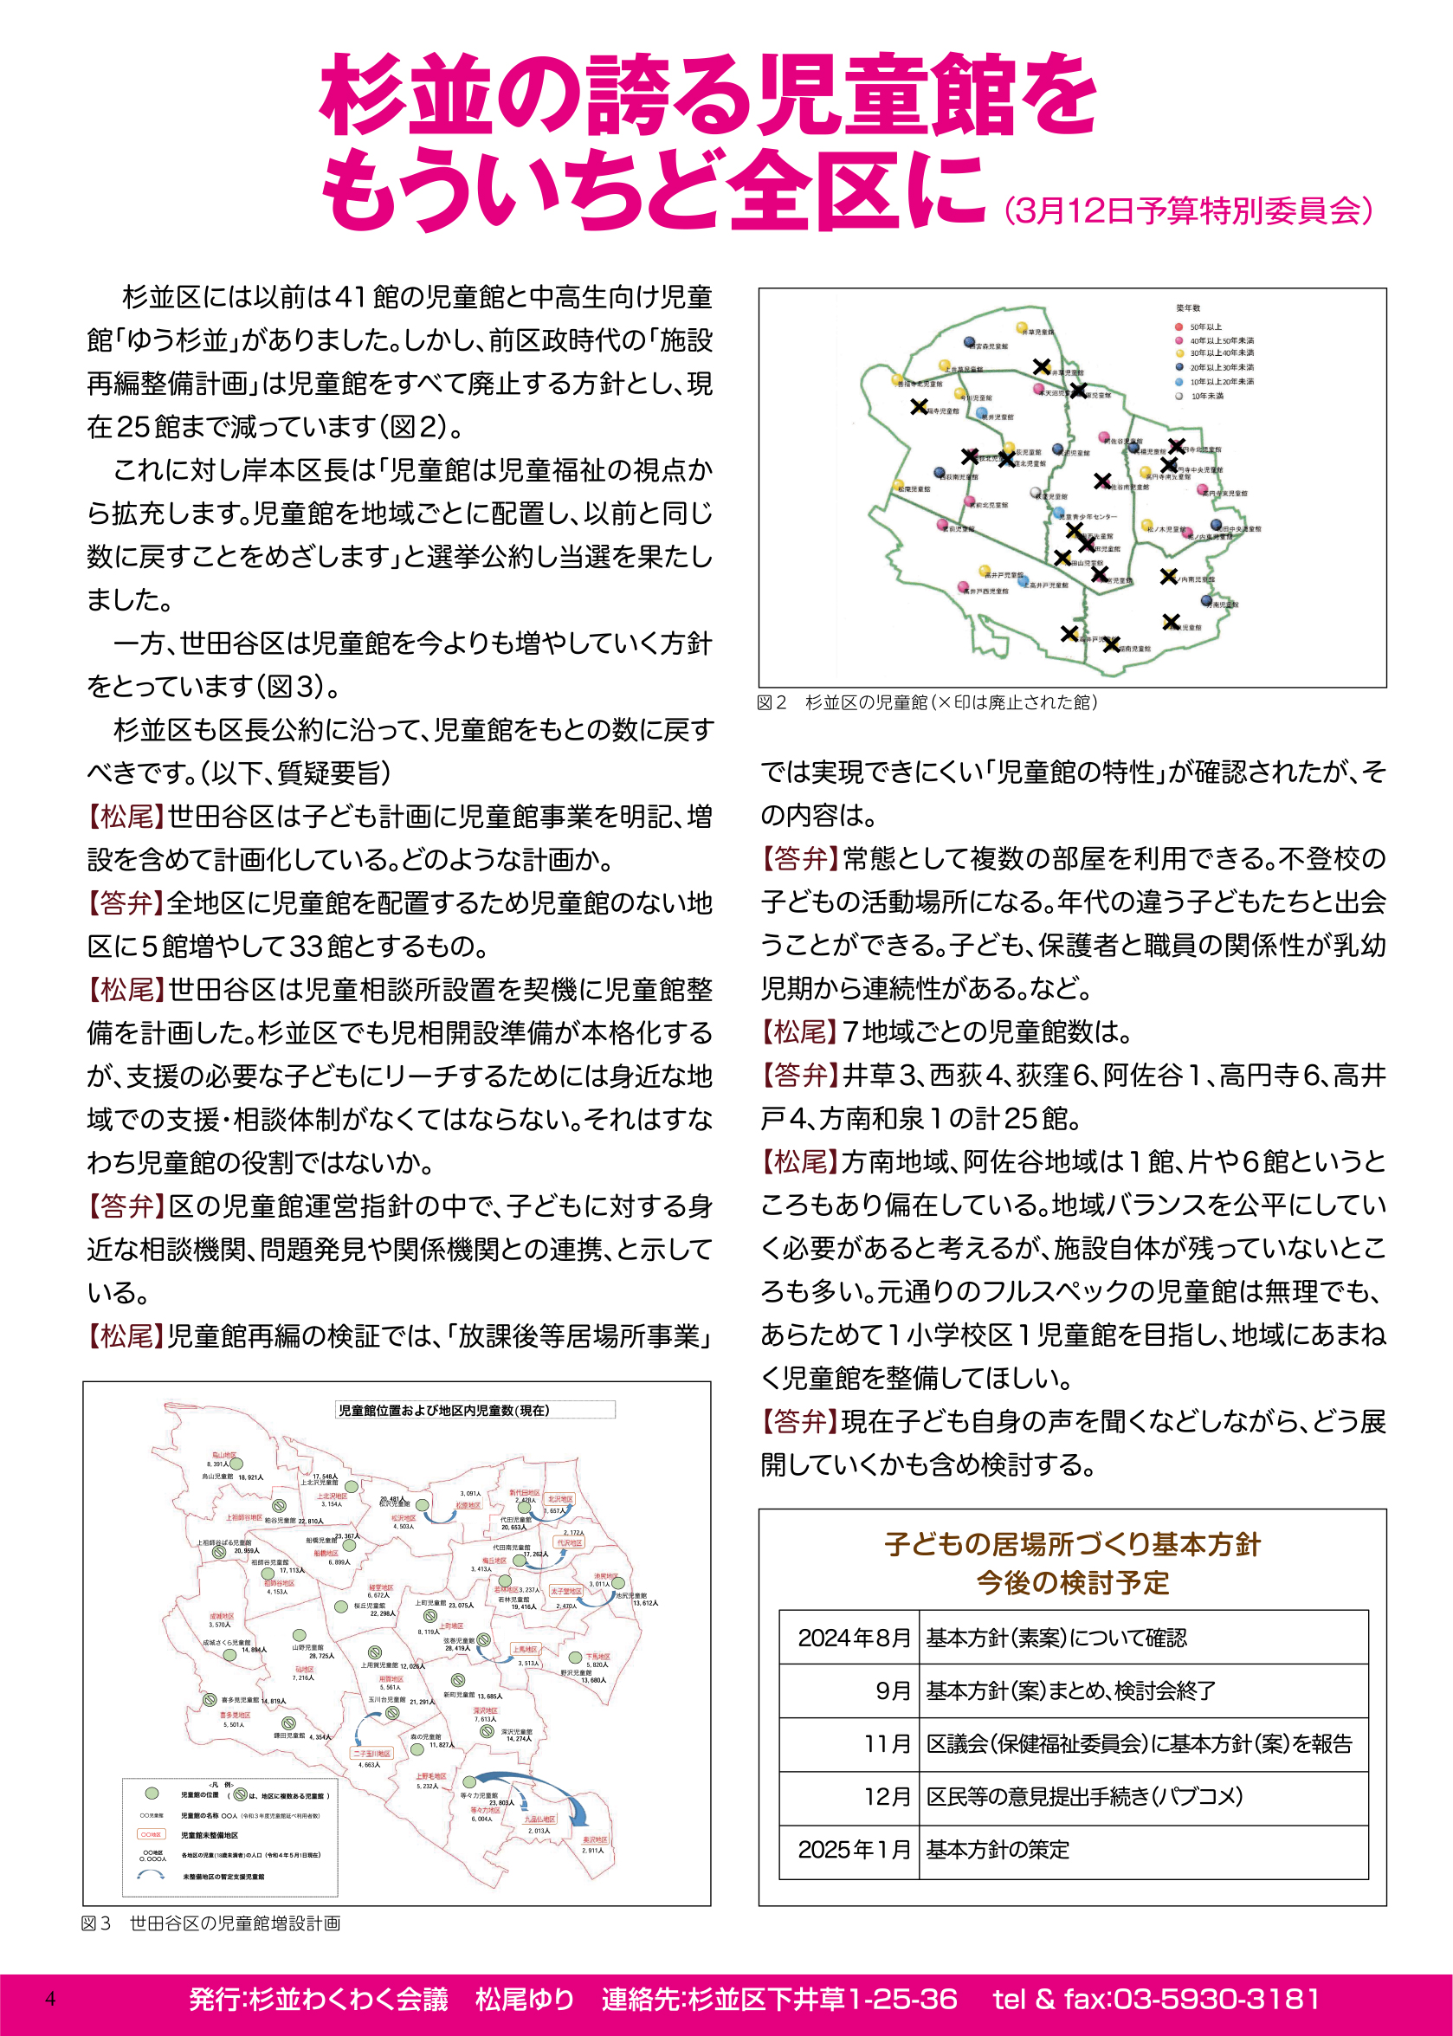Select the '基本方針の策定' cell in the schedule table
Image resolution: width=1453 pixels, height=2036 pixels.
click(x=998, y=1850)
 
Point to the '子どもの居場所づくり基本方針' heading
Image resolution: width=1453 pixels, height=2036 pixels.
click(x=1072, y=1544)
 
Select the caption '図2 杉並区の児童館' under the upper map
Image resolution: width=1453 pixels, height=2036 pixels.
click(x=927, y=702)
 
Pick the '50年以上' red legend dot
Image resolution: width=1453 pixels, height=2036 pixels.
click(x=1179, y=327)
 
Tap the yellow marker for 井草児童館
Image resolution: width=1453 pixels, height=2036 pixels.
click(x=1023, y=328)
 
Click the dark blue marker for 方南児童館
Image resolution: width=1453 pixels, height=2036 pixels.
click(x=1208, y=602)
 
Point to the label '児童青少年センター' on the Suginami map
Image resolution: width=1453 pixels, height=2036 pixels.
click(x=1087, y=517)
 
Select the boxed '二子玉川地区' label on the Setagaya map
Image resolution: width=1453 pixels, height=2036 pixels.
click(x=371, y=1754)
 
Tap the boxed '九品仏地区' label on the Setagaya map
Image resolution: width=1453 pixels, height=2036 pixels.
click(x=539, y=1819)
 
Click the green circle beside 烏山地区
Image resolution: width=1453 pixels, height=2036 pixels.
click(x=237, y=1464)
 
